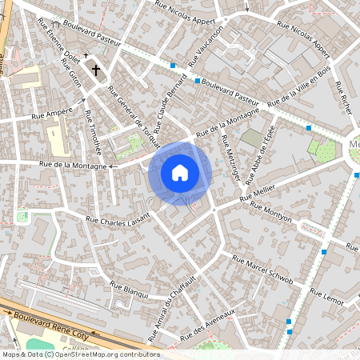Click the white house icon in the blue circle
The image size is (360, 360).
(180, 172)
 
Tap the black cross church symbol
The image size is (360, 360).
(97, 70)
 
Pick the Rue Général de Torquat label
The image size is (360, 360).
(134, 116)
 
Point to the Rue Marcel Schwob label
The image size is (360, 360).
(262, 270)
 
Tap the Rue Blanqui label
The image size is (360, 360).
(130, 290)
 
